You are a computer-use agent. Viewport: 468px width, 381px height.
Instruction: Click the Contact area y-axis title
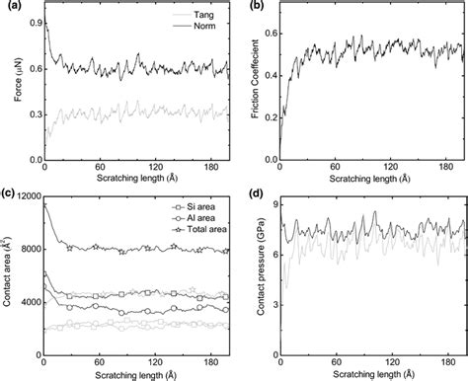click(x=8, y=277)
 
